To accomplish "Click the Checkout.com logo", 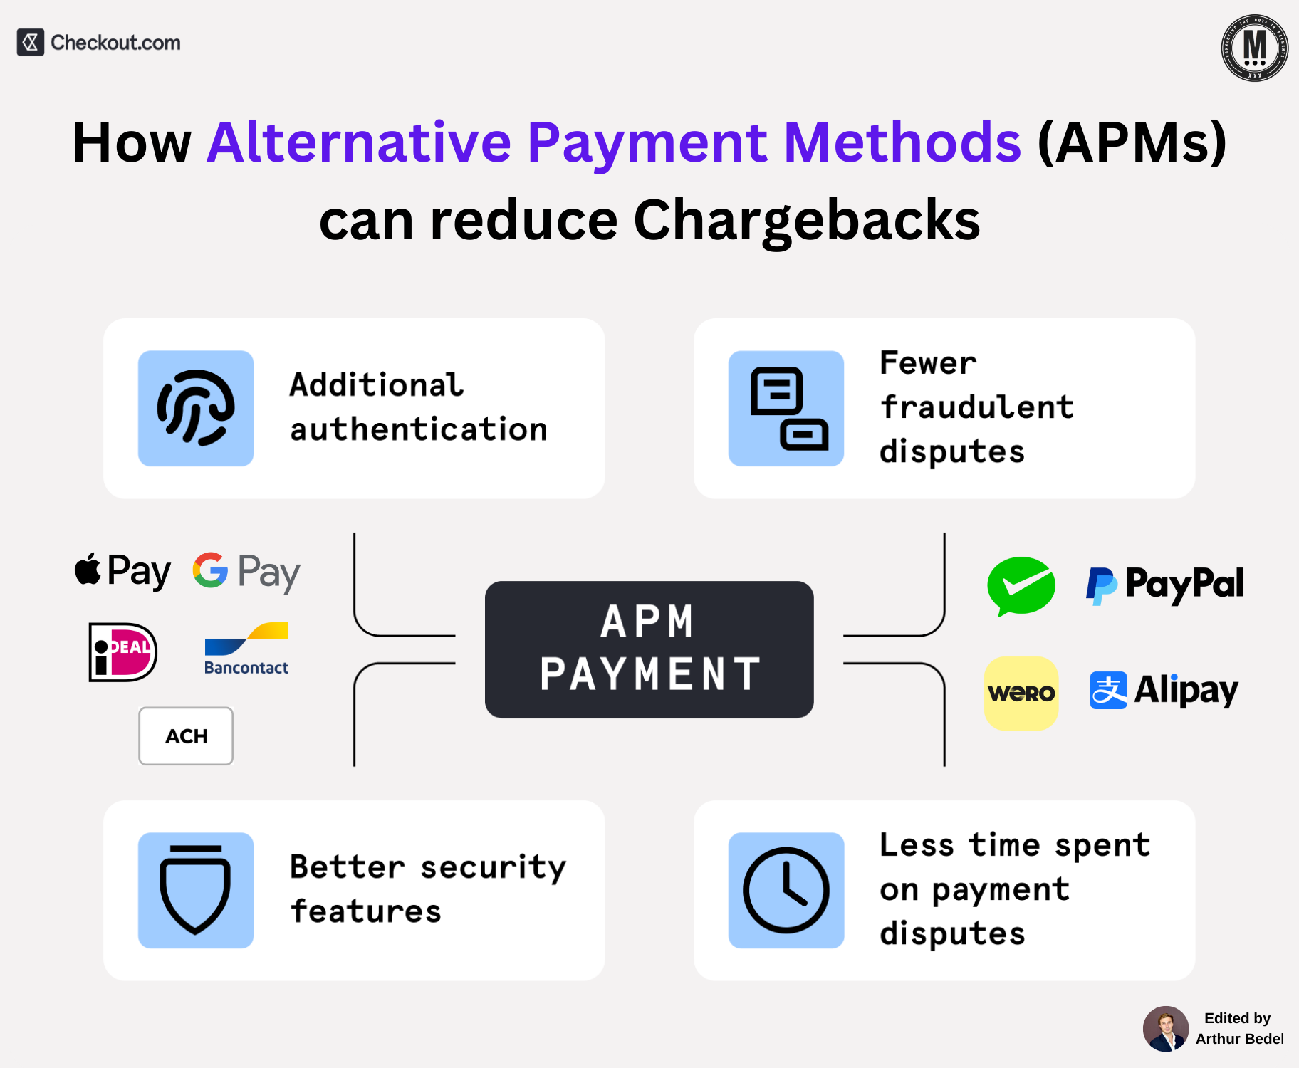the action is [x=99, y=43].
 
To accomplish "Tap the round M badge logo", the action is [x=1254, y=48].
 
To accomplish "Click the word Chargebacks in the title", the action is [x=806, y=220].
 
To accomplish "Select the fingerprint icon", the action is [x=196, y=408].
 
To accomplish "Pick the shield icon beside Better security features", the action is [x=196, y=890].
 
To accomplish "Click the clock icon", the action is [x=786, y=890].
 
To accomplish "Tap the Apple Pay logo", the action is [x=122, y=571].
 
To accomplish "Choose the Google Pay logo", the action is [x=246, y=572].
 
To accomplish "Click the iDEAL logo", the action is [x=122, y=652].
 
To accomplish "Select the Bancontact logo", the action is [x=246, y=649].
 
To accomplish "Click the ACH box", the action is [x=186, y=736].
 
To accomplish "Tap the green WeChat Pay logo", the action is [x=1021, y=586].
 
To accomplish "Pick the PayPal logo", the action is [x=1165, y=585].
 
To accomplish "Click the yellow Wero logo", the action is [x=1021, y=693].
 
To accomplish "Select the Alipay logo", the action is [x=1164, y=690].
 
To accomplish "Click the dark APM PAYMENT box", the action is [x=649, y=649].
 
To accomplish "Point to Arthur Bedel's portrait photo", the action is [x=1166, y=1029].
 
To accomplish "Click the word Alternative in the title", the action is [x=360, y=142].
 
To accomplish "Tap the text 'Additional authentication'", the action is [x=419, y=407].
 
